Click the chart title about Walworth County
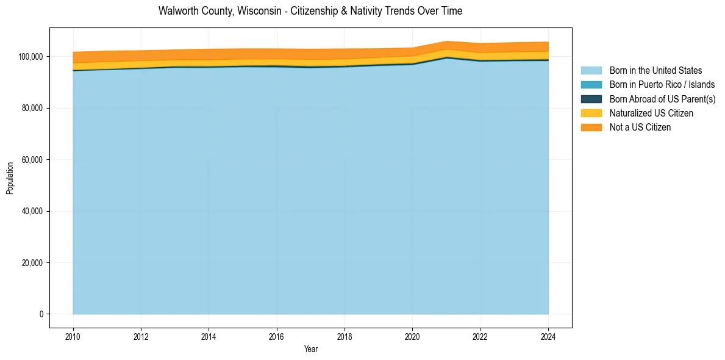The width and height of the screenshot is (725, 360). [x=310, y=11]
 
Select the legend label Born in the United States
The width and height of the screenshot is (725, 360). [x=655, y=71]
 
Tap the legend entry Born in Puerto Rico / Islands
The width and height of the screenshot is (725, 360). [x=662, y=85]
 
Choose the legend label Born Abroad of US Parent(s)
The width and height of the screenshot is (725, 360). [x=662, y=99]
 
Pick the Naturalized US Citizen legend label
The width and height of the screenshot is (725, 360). [x=651, y=113]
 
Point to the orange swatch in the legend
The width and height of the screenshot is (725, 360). [x=591, y=127]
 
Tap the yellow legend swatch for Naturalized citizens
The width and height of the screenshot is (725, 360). [x=591, y=113]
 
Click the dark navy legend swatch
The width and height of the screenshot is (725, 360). [x=591, y=99]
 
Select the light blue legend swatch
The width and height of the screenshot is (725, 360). [x=591, y=71]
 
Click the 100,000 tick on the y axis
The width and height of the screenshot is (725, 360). [x=31, y=57]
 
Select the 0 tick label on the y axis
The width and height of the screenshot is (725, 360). [x=41, y=314]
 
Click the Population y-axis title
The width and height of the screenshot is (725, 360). [x=10, y=178]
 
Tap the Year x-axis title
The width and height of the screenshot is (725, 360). [x=310, y=349]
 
